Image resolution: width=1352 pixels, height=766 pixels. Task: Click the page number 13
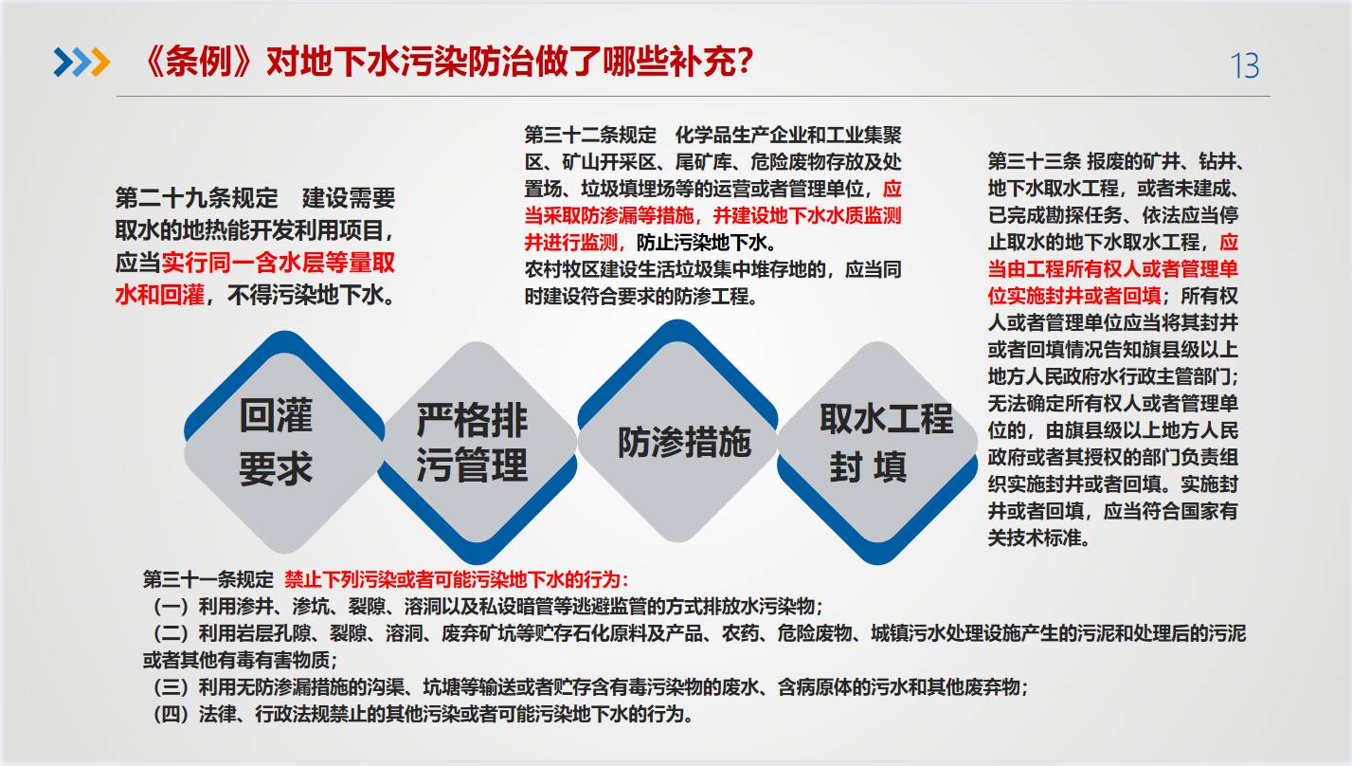1245,65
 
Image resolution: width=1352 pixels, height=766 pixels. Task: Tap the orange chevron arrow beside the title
100,63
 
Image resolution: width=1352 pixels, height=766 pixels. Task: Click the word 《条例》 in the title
199,62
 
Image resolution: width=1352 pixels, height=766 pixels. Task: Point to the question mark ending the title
744,61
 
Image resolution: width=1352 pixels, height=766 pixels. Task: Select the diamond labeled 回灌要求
284,443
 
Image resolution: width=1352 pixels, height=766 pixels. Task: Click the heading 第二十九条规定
196,198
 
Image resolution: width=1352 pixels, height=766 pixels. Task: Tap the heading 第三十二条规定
589,135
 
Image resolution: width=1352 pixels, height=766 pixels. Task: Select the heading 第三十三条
1034,161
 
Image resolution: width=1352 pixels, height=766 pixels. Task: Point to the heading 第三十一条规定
208,580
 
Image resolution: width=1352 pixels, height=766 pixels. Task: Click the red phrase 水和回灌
159,296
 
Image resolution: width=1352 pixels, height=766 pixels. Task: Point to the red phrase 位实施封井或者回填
1074,296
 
